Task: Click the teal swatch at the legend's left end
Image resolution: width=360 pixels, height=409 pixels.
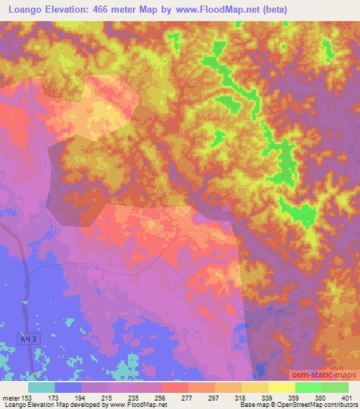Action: pos(41,387)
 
